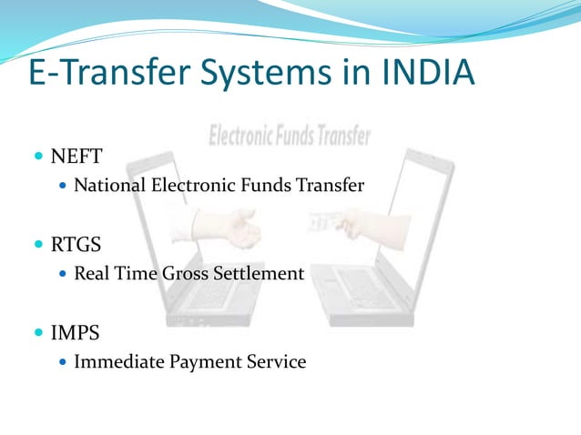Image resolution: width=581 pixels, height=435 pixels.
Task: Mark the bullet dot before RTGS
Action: [38, 245]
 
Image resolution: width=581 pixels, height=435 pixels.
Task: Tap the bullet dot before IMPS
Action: [38, 333]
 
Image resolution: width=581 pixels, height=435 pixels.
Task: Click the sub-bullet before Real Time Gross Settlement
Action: [62, 273]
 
